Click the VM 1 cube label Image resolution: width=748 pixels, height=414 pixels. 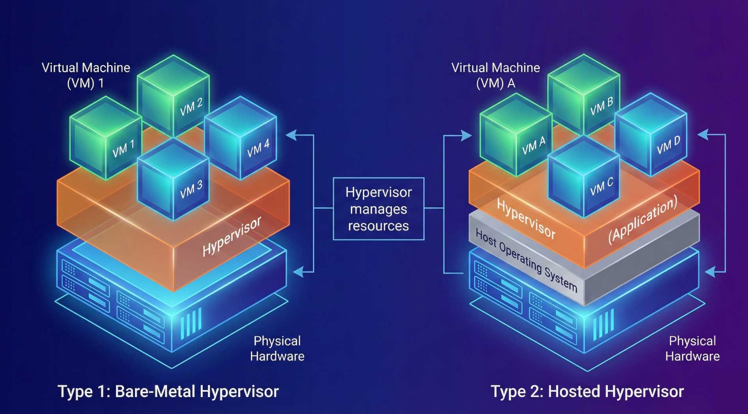point(123,148)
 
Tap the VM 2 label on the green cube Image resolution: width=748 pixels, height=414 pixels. point(191,107)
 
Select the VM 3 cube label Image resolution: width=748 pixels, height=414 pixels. point(191,189)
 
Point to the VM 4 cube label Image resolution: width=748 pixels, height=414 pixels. point(258,148)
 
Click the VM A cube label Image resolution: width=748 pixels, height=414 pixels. point(534,146)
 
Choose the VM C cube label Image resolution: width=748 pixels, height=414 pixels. point(602,186)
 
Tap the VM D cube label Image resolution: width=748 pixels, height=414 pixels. point(669,145)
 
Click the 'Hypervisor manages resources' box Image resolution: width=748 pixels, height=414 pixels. point(378,209)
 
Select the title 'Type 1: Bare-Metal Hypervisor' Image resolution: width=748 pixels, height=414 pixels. point(168,392)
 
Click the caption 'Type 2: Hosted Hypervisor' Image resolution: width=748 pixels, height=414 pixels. point(587,392)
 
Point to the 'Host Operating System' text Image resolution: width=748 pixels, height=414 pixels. point(526,261)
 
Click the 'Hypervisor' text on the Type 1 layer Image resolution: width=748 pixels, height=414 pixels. point(232,236)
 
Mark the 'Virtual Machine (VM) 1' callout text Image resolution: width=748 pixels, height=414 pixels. point(86,75)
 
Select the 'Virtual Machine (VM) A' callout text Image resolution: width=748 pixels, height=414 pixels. point(496,75)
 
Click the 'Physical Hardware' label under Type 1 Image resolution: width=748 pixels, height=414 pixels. point(277,349)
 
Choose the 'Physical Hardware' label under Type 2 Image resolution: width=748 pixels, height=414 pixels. point(692,349)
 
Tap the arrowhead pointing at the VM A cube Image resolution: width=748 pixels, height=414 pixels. point(467,136)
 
